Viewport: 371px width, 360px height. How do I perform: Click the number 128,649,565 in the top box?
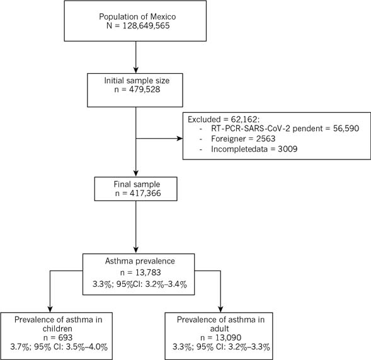(146, 26)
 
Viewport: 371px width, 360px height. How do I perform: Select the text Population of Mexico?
(137, 16)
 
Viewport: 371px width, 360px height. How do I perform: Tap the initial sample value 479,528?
(145, 90)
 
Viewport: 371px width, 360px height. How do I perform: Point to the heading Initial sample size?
(137, 81)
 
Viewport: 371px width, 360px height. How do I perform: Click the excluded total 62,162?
(243, 119)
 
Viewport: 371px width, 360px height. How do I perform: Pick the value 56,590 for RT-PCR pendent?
(346, 129)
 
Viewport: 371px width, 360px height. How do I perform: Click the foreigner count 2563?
(266, 139)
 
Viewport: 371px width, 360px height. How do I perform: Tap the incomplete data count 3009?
(287, 149)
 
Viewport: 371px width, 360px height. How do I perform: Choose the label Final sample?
(137, 184)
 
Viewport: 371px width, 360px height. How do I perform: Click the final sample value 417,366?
(145, 194)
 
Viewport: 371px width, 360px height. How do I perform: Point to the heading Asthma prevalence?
(140, 261)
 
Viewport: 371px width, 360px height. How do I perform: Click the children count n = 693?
(58, 337)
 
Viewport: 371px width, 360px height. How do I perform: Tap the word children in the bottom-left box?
(57, 328)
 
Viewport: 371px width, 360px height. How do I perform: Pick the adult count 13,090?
(228, 337)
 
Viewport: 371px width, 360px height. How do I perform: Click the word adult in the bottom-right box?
(219, 328)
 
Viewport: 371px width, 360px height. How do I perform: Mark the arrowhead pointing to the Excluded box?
(180, 139)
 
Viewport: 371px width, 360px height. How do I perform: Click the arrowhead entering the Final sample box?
(136, 174)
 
